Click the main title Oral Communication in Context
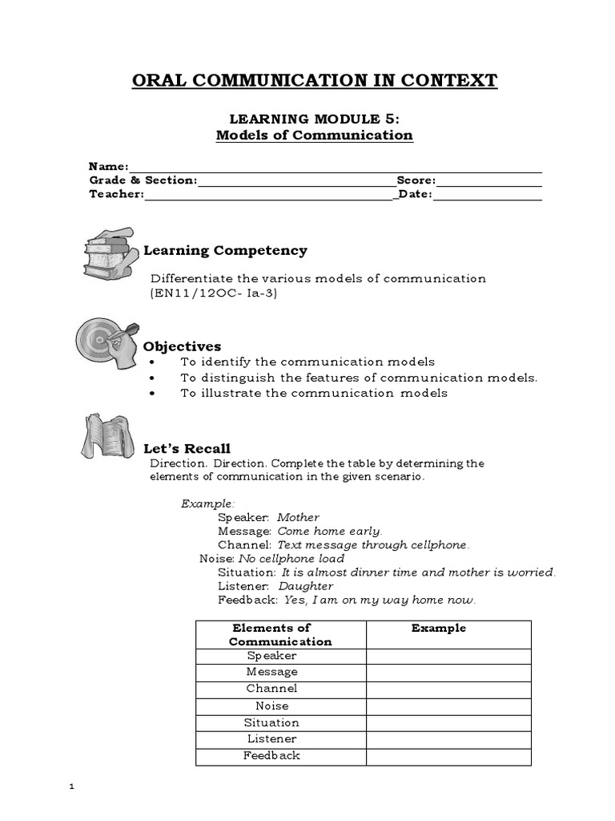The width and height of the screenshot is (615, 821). tap(314, 80)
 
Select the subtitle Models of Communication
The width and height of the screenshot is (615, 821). tap(314, 135)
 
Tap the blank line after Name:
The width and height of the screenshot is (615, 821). tap(335, 166)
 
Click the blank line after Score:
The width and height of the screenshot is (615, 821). tap(488, 180)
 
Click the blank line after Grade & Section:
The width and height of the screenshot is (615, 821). tap(296, 180)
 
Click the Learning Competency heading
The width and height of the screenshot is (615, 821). tap(225, 251)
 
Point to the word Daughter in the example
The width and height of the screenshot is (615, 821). tap(306, 585)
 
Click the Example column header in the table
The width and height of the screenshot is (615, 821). tap(438, 629)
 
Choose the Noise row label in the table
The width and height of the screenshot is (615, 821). tap(271, 706)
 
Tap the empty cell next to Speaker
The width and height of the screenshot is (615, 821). tap(448, 656)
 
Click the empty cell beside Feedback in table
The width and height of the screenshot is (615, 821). tap(448, 756)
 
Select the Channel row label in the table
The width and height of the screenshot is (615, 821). tap(271, 689)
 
